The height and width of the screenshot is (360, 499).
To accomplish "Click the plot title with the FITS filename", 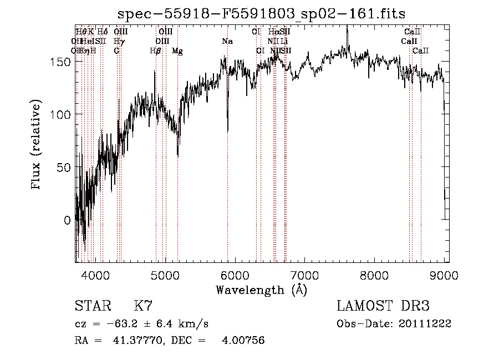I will pos(262,14).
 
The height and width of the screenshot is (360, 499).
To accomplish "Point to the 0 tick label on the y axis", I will pos(68,220).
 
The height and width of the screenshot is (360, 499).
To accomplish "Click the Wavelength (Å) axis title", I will pos(261,290).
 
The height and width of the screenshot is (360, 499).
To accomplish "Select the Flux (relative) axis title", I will pos(37,145).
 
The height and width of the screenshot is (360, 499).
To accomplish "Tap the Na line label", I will pos(227,42).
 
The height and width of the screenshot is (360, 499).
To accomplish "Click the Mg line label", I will pos(177,51).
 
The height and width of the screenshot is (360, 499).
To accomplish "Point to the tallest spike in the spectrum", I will pos(347,28).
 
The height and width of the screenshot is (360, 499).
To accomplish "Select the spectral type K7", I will pos(143,306).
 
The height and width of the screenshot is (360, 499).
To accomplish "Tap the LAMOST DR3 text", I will pos(383,306).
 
